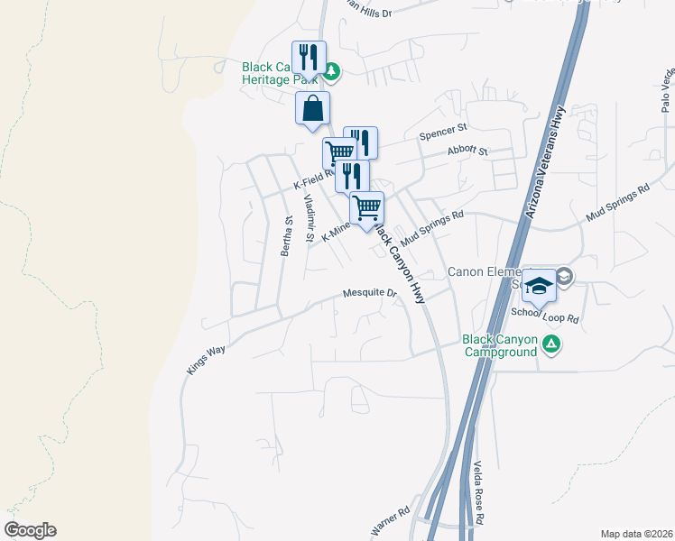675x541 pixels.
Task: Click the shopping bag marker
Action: [x=312, y=108]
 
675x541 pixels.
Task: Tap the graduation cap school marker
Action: [x=539, y=285]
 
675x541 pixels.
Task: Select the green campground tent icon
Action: [x=551, y=344]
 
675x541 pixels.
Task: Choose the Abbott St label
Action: [x=467, y=153]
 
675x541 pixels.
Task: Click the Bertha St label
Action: [x=285, y=236]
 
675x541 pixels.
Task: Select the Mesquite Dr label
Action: [x=370, y=293]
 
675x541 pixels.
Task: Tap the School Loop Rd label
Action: [x=544, y=315]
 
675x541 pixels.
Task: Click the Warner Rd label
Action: [x=391, y=519]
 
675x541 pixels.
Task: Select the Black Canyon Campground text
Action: [x=500, y=345]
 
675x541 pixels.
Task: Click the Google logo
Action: [x=30, y=530]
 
